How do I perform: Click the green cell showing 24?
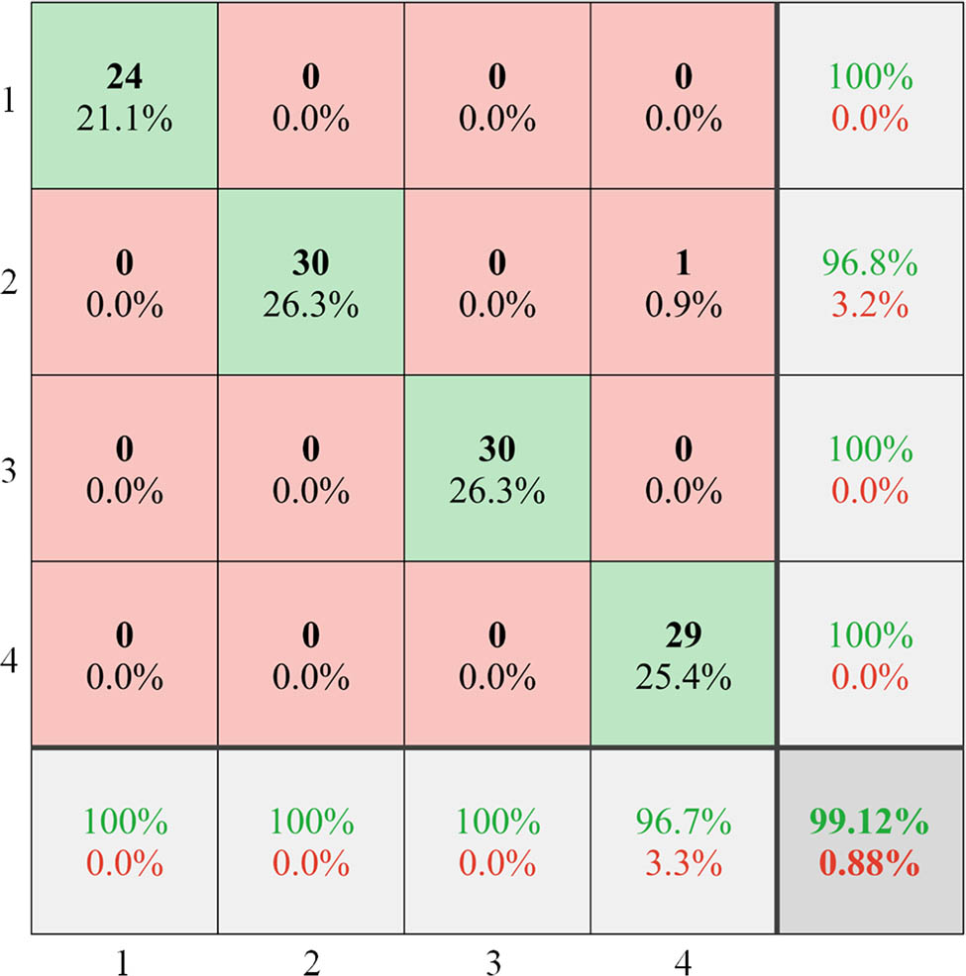coord(124,96)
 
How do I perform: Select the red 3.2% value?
coord(869,306)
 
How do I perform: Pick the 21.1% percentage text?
coord(124,121)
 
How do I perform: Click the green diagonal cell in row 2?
coord(310,282)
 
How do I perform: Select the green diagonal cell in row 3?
coord(496,468)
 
